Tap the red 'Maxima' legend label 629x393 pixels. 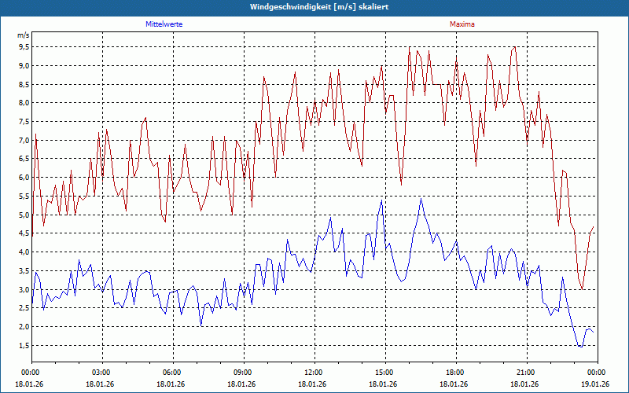click(462, 24)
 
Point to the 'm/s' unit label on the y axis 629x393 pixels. click(23, 35)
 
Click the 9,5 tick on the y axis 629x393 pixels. click(24, 46)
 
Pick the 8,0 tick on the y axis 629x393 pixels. click(24, 102)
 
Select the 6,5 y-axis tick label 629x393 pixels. click(24, 159)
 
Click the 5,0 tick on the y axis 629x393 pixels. click(24, 215)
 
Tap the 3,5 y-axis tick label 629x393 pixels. click(24, 270)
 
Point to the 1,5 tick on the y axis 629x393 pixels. click(24, 345)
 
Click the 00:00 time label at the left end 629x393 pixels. click(31, 373)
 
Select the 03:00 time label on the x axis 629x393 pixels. click(101, 373)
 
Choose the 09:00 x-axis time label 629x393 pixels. click(243, 373)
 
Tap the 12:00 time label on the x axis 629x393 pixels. click(314, 373)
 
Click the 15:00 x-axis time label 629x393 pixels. click(384, 373)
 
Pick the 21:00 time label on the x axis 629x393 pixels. click(526, 373)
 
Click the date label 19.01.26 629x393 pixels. click(595, 384)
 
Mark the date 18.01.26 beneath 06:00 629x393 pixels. click(171, 384)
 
